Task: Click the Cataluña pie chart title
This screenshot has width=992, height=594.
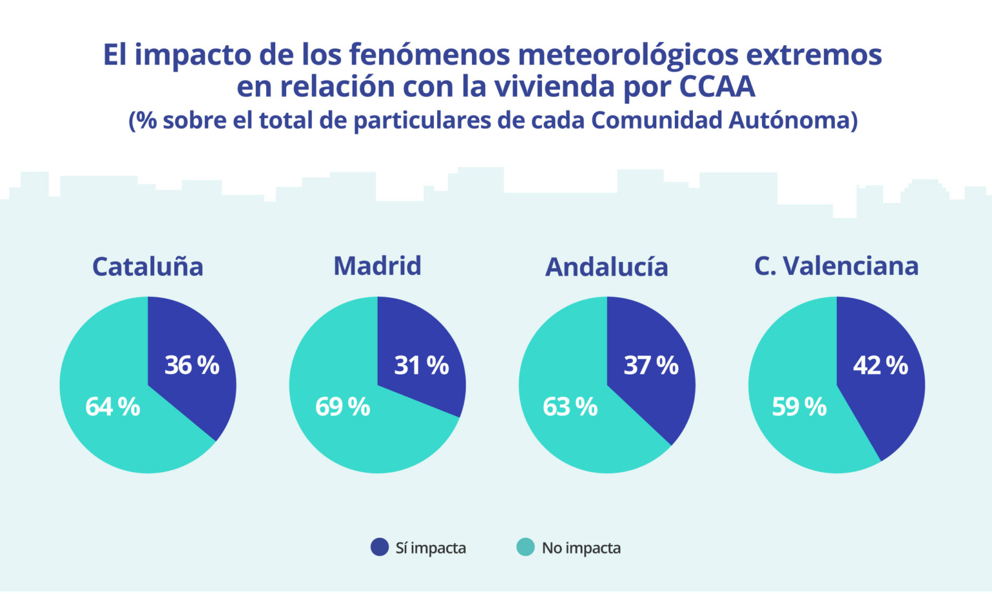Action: coord(147,267)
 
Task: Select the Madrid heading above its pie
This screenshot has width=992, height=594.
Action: coord(377,266)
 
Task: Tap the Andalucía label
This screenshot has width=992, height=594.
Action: coord(606,267)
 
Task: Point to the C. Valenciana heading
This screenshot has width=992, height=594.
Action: coord(836,266)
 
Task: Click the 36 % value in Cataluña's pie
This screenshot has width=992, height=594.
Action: coord(192,365)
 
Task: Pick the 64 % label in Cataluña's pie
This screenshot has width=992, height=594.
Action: coord(112,407)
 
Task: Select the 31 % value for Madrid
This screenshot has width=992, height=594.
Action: coord(421,365)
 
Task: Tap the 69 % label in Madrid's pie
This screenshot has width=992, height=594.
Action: coord(342,407)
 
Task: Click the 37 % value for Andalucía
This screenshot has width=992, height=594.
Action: coord(651,365)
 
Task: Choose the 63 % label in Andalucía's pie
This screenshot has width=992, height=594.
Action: coord(570,407)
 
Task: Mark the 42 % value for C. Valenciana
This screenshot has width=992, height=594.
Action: coord(880,365)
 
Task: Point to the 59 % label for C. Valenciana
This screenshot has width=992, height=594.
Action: coord(800,407)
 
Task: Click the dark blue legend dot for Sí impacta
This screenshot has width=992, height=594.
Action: coord(379,547)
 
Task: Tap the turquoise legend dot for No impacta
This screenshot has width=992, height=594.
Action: coord(526,547)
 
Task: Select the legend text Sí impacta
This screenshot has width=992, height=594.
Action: coord(431,548)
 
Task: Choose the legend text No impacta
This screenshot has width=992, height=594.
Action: coord(581,548)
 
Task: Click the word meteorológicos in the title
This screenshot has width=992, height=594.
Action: coord(628,56)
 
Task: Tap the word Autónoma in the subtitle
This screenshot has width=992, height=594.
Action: coord(789,121)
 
